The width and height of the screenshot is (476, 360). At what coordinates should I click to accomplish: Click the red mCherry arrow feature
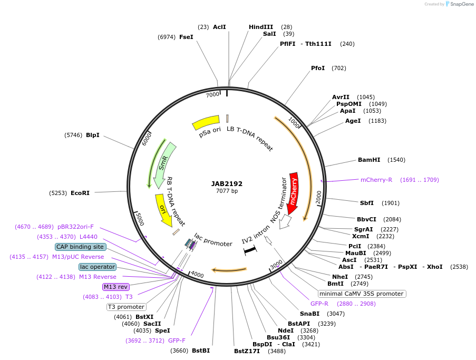[x=293, y=192]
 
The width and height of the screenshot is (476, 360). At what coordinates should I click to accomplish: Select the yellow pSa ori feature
[x=206, y=122]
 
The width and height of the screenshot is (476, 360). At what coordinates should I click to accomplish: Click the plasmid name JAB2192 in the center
[x=227, y=184]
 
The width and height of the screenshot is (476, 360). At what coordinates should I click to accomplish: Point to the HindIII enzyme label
[x=261, y=27]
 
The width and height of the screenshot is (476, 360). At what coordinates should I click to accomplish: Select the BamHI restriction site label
[x=369, y=160]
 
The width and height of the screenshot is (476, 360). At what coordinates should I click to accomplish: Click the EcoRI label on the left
[x=80, y=193]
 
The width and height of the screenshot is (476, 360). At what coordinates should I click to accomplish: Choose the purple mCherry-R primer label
[x=376, y=180]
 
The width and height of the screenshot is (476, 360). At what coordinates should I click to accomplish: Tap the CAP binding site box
[x=80, y=247]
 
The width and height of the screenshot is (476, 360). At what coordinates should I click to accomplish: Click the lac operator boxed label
[x=98, y=267]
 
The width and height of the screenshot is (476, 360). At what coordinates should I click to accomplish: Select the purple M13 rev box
[x=115, y=287]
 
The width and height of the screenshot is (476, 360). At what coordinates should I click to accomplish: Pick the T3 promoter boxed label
[x=126, y=307]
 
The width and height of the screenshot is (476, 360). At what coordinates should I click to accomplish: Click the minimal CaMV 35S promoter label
[x=362, y=294]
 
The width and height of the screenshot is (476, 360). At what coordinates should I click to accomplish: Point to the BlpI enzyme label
[x=93, y=135]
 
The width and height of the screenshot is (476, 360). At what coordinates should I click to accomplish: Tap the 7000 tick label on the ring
[x=212, y=95]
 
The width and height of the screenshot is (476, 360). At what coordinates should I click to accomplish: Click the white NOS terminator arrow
[x=285, y=221]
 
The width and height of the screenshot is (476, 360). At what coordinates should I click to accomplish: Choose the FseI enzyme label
[x=186, y=37]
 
